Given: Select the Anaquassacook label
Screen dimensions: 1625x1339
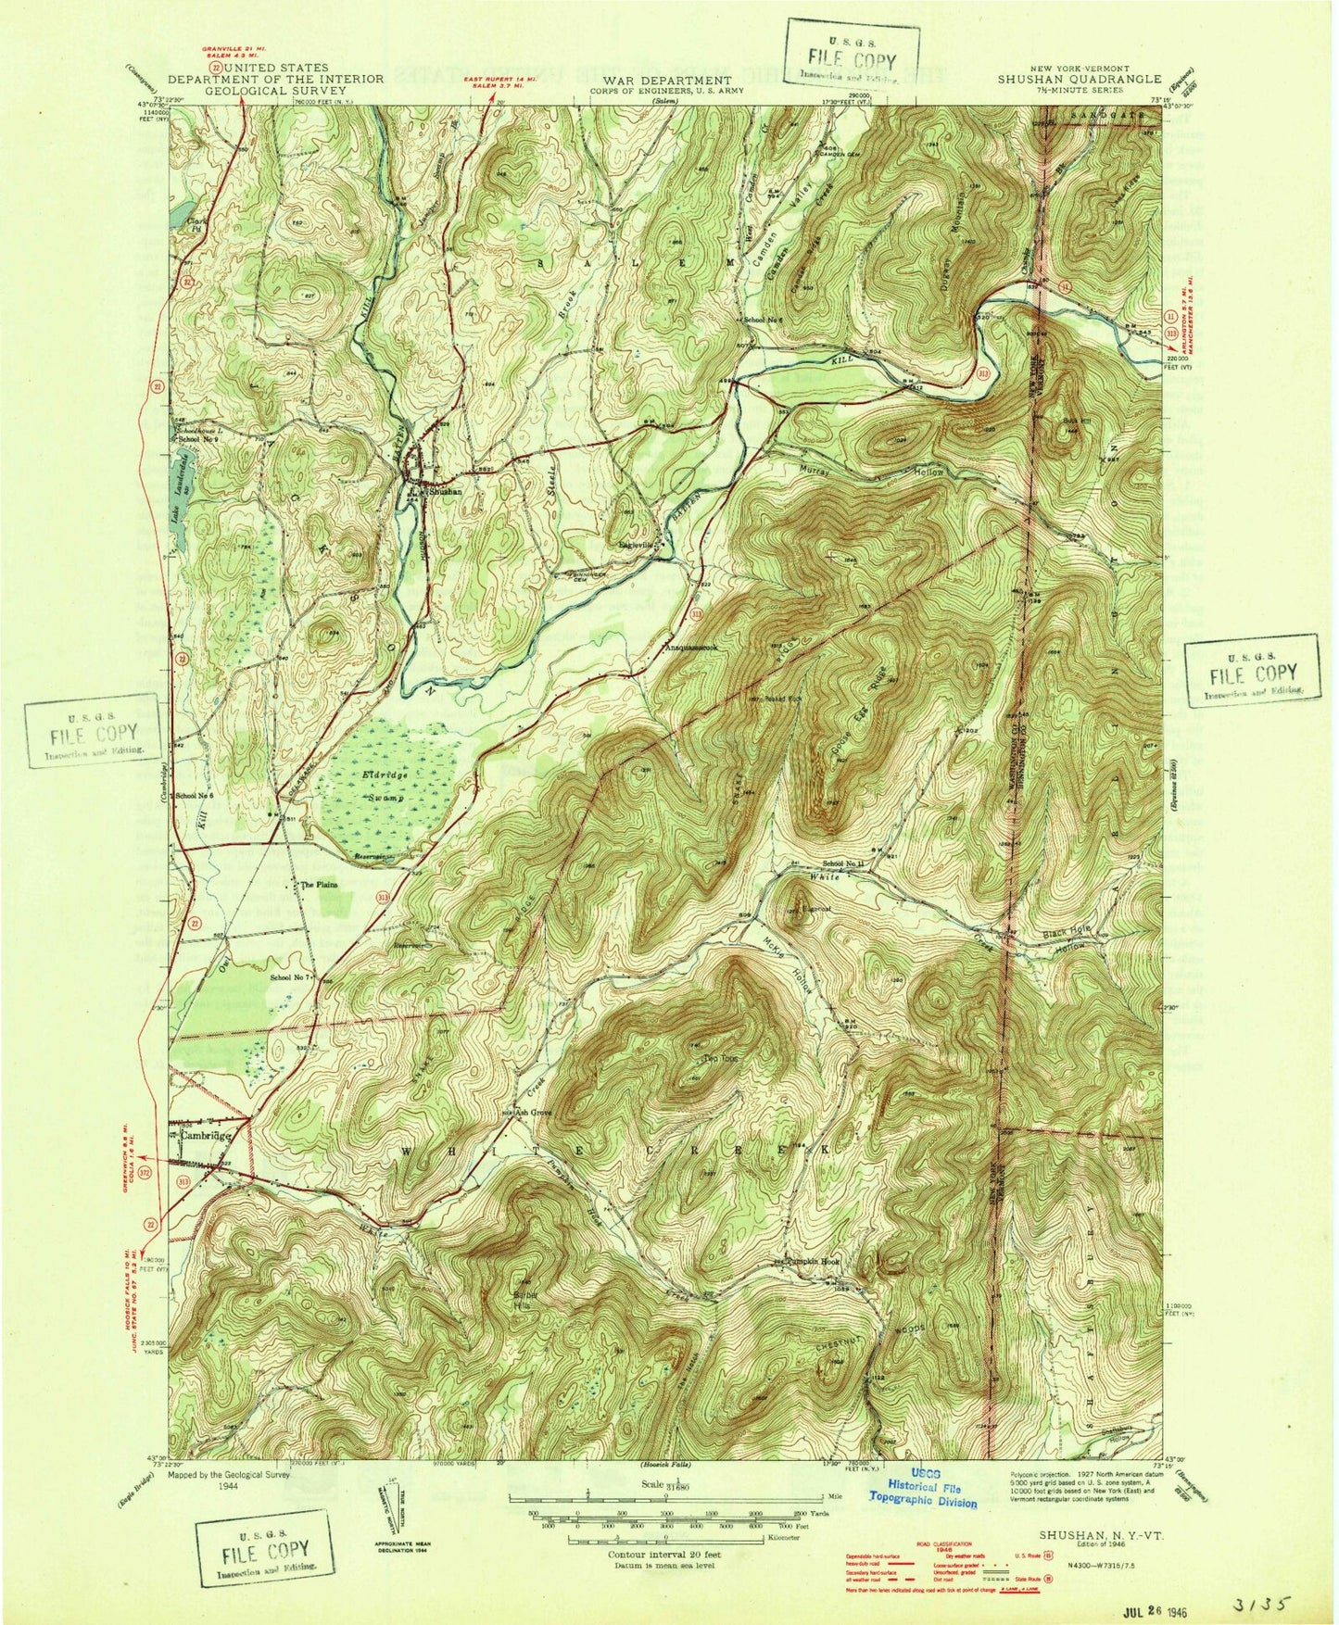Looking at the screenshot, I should [702, 649].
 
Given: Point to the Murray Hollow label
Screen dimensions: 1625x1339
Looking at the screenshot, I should [871, 472].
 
